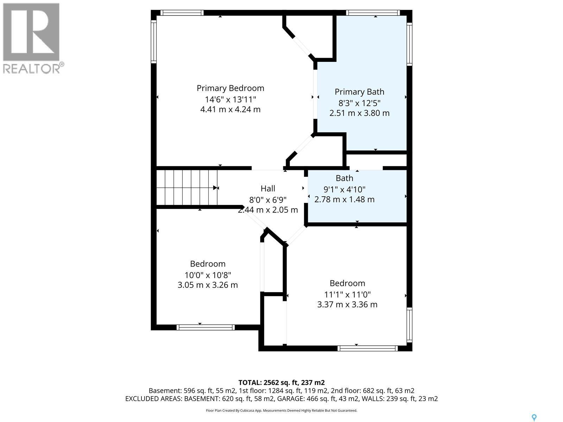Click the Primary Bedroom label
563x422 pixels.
click(x=230, y=88)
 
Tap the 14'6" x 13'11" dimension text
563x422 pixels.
click(x=230, y=99)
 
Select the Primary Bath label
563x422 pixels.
click(x=359, y=92)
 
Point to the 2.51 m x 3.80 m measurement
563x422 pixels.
click(x=359, y=113)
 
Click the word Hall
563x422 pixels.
click(x=268, y=189)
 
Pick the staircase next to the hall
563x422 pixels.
click(x=186, y=187)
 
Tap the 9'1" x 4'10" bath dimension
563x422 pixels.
click(x=344, y=189)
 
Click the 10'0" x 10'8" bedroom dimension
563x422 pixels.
click(x=208, y=275)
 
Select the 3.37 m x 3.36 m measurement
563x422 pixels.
click(x=347, y=305)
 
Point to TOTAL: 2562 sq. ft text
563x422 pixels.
click(x=281, y=383)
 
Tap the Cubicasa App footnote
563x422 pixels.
click(x=281, y=410)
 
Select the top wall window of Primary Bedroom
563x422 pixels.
click(x=182, y=13)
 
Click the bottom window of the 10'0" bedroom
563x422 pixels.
click(x=205, y=327)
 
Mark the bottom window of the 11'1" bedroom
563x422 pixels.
click(x=367, y=349)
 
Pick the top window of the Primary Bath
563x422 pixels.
click(x=373, y=13)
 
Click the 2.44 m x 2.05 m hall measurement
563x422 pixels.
click(x=268, y=210)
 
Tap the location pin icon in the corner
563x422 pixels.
click(x=534, y=418)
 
